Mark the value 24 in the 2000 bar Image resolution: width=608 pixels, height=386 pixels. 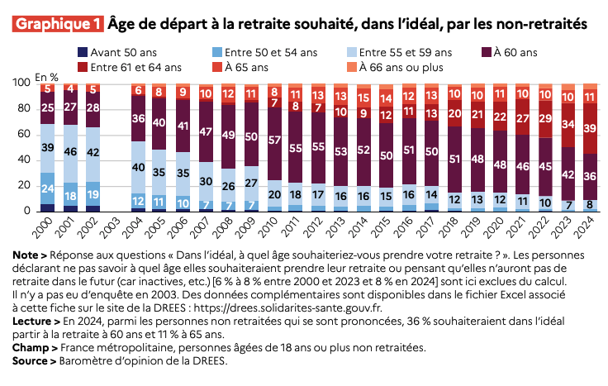tap(48, 188)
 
